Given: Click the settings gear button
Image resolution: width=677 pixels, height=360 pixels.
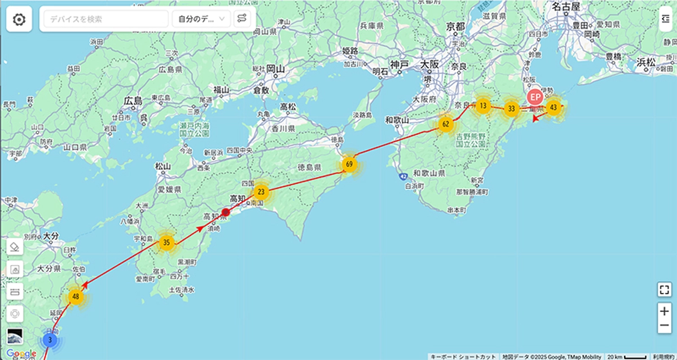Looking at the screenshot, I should [x=19, y=20].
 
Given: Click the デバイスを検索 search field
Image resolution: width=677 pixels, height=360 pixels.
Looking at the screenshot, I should [x=106, y=19].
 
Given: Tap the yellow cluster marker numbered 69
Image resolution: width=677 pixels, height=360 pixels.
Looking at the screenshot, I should [x=349, y=165].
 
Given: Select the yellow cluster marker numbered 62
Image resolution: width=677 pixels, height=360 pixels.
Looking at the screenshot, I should [x=446, y=124].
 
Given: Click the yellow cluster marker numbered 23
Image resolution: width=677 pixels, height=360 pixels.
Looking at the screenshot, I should [x=261, y=191].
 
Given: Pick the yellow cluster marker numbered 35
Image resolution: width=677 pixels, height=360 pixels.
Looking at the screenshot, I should [x=166, y=243].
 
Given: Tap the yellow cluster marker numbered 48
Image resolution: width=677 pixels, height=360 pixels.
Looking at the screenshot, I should [x=76, y=296].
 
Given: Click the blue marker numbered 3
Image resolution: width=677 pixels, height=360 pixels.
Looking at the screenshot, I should [x=50, y=340].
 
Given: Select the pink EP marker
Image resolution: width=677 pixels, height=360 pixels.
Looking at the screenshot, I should [x=534, y=96].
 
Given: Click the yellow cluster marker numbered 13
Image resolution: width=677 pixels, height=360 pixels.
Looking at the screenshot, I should [x=483, y=106].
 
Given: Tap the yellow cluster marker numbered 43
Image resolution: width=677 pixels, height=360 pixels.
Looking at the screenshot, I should [x=553, y=107].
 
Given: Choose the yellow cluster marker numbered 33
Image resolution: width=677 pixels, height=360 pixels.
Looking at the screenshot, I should [x=511, y=108].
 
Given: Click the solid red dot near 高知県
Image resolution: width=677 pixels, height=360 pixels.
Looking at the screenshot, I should [x=226, y=212].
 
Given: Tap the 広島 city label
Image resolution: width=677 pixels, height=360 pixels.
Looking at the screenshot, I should [x=133, y=101].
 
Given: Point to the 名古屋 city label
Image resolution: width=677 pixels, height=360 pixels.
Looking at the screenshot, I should [x=566, y=7].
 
